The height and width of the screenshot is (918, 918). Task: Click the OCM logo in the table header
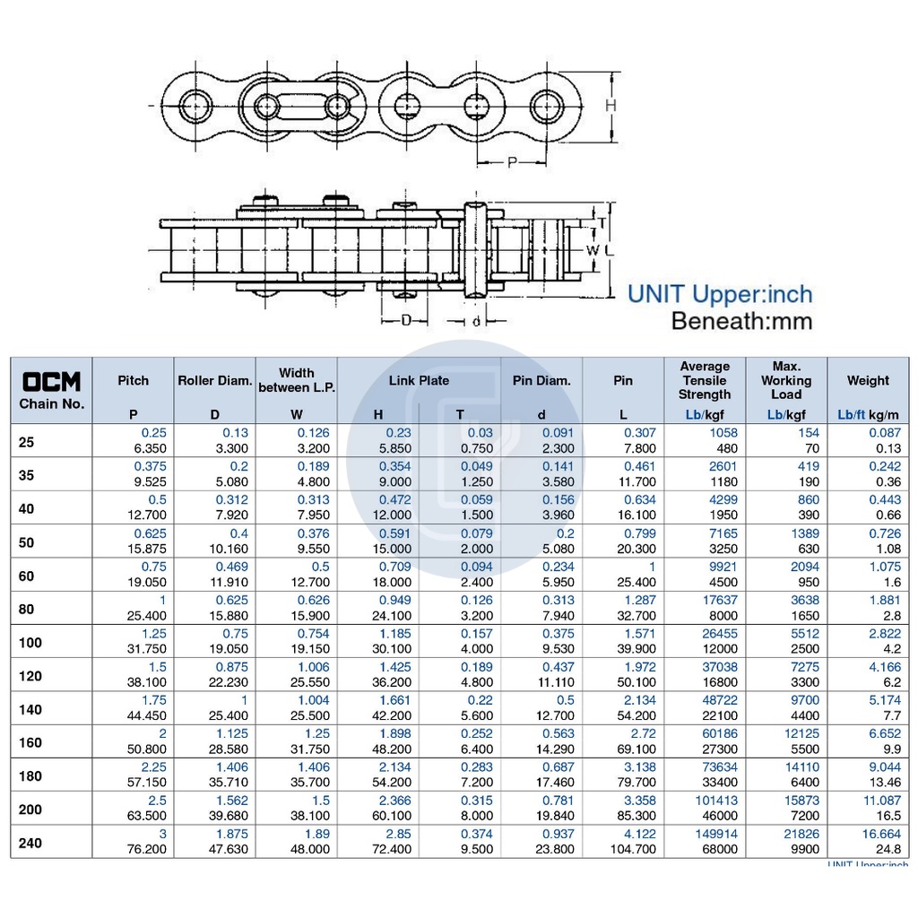51,382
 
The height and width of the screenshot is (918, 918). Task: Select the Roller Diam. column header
215,380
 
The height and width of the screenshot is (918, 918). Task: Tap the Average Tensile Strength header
705,380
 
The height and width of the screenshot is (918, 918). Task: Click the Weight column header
868,380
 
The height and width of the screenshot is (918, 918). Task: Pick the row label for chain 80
26,609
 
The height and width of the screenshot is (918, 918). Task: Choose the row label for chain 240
30,843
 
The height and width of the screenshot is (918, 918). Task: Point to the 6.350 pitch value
151,448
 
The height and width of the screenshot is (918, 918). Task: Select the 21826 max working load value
801,834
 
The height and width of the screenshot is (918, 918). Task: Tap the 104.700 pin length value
633,849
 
